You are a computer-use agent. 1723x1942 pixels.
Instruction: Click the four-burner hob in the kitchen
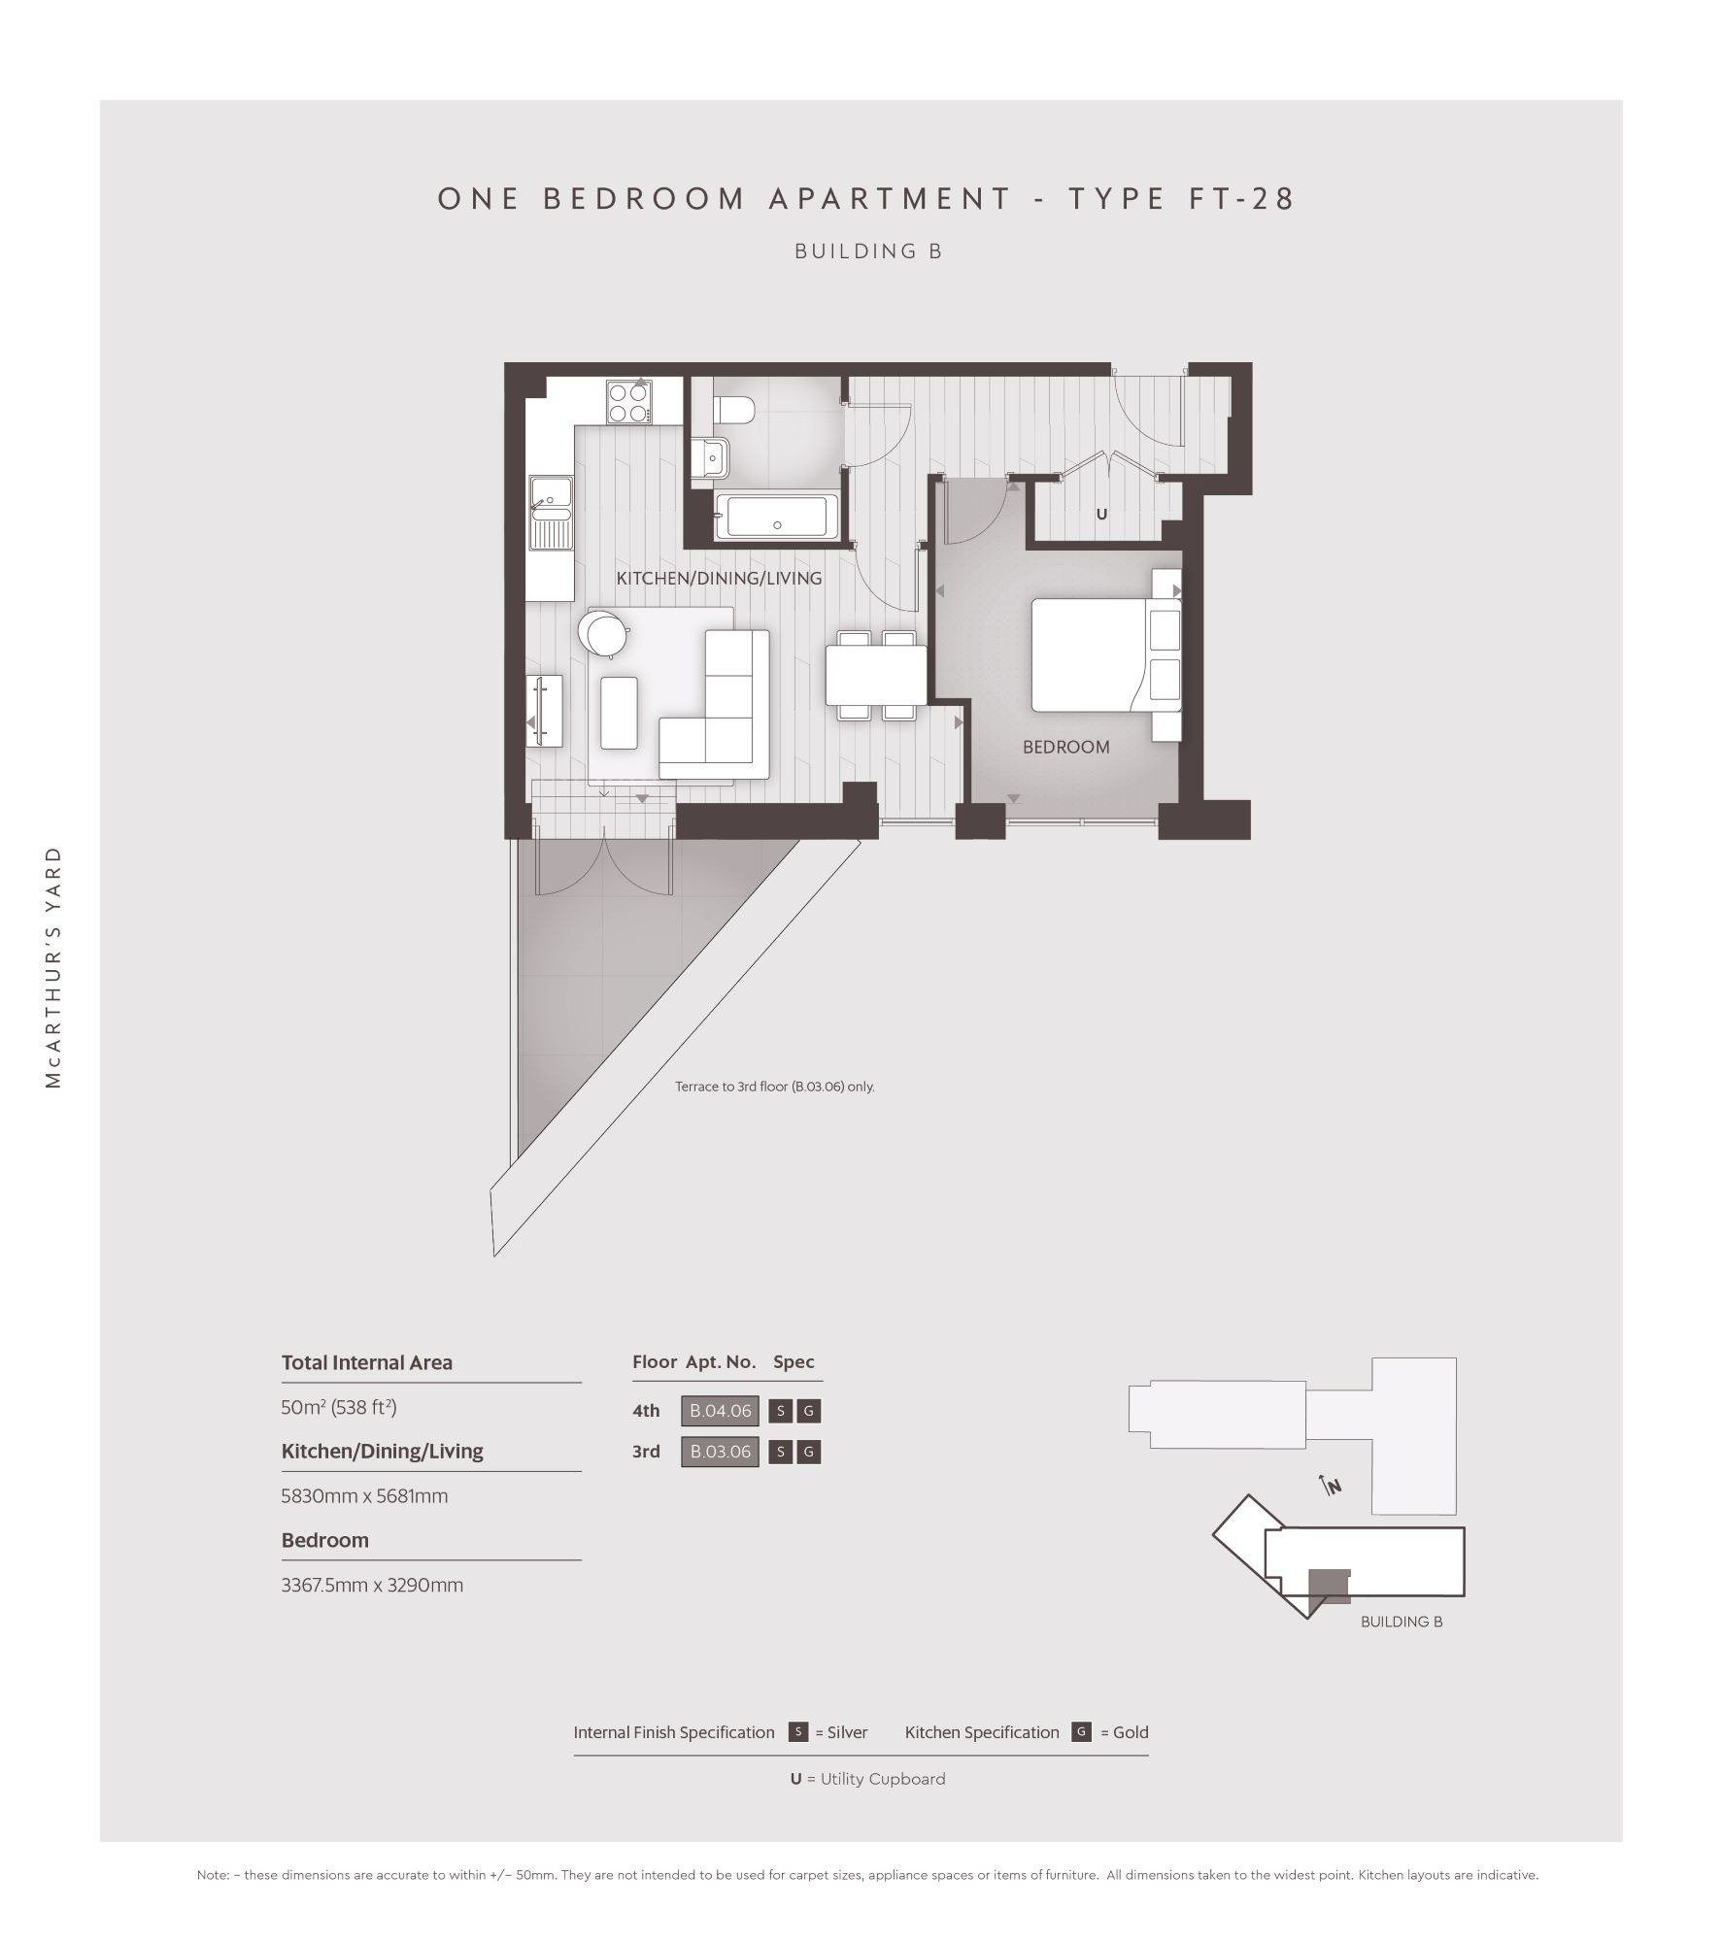coord(628,402)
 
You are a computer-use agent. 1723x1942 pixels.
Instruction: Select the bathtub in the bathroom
coord(776,517)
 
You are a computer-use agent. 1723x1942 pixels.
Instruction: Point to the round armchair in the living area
coord(603,633)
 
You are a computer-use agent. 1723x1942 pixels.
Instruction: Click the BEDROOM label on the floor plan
coord(1065,747)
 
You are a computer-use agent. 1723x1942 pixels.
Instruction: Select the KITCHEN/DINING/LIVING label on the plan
coord(719,579)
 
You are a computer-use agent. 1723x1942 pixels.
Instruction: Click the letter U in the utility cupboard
coord(1101,514)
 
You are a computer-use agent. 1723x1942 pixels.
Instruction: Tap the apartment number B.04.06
coord(720,1411)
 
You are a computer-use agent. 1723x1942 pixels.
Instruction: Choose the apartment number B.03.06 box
coord(720,1452)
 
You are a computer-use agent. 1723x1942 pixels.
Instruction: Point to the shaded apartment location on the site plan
coord(1328,1585)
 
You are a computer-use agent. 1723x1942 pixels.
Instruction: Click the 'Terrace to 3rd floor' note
coord(775,1087)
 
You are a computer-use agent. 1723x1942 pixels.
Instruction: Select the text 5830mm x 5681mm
coord(364,1496)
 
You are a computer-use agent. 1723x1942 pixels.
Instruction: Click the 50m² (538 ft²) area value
coord(339,1407)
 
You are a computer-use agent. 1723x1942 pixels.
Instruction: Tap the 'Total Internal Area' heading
coord(366,1362)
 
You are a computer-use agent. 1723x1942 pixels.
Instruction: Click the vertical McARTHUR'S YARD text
coord(53,967)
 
